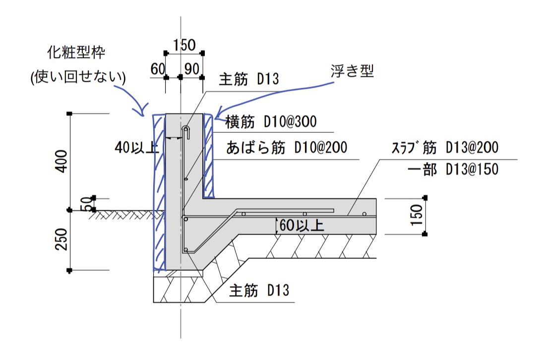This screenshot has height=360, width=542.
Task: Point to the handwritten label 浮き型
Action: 352,71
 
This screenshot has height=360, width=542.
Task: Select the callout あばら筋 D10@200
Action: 286,148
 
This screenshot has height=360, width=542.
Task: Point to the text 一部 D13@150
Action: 452,170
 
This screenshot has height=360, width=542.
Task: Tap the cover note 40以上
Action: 136,147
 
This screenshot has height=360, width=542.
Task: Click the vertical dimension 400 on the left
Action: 60,161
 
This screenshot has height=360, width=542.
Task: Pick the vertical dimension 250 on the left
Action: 60,240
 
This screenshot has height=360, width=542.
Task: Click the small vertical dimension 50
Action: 86,204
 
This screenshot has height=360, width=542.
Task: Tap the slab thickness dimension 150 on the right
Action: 417,215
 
